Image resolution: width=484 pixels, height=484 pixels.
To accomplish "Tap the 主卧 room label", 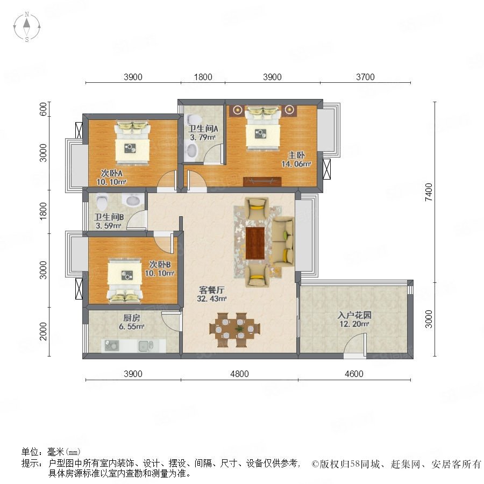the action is click(297, 155).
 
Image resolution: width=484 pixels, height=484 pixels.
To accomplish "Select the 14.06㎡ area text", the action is click(296, 164).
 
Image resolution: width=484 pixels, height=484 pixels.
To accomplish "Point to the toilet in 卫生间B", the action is click(102, 201).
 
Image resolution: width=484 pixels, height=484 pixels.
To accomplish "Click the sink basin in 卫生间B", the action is click(133, 201).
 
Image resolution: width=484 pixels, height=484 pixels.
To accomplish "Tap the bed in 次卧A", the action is click(132, 143).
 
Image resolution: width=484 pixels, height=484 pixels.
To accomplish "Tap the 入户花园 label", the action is click(354, 315).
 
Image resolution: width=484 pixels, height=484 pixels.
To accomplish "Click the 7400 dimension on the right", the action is click(429, 192).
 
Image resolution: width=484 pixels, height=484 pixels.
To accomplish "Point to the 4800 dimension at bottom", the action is click(239, 374).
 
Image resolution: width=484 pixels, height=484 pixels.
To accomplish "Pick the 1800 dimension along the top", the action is click(203, 77).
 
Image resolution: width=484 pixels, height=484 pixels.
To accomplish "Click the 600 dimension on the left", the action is click(44, 109).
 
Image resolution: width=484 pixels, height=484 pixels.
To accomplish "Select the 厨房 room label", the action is click(132, 318).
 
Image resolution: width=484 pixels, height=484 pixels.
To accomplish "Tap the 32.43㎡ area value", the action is click(212, 299).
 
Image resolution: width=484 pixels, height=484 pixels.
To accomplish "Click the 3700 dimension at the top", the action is click(365, 77).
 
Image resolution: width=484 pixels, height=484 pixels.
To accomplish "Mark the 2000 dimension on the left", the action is click(44, 331).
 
